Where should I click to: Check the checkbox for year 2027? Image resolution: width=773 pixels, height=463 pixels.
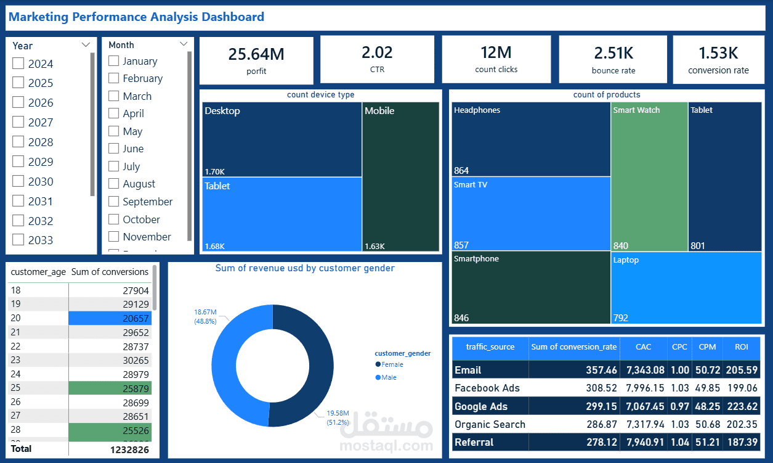coord(18,122)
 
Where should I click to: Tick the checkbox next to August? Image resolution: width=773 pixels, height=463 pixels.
coord(113,184)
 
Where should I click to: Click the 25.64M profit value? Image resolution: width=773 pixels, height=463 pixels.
coord(256,54)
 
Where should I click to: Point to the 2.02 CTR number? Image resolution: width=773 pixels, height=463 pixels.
coord(377,53)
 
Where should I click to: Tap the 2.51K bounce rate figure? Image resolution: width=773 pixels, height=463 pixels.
coord(613,54)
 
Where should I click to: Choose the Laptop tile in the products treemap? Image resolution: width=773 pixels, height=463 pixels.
coord(686,287)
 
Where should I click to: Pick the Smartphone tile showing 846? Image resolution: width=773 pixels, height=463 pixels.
coord(530,287)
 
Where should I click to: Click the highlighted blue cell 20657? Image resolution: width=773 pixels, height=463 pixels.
coord(110,318)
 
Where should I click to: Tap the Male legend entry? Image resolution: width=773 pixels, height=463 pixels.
coord(389,377)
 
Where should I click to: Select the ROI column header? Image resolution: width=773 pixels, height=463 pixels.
coord(741,347)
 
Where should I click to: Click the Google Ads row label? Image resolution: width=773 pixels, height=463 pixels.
coord(481,406)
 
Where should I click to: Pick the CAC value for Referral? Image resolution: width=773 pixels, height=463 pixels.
coord(643,442)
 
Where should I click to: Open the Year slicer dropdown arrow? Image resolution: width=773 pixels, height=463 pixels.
coord(86,45)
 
